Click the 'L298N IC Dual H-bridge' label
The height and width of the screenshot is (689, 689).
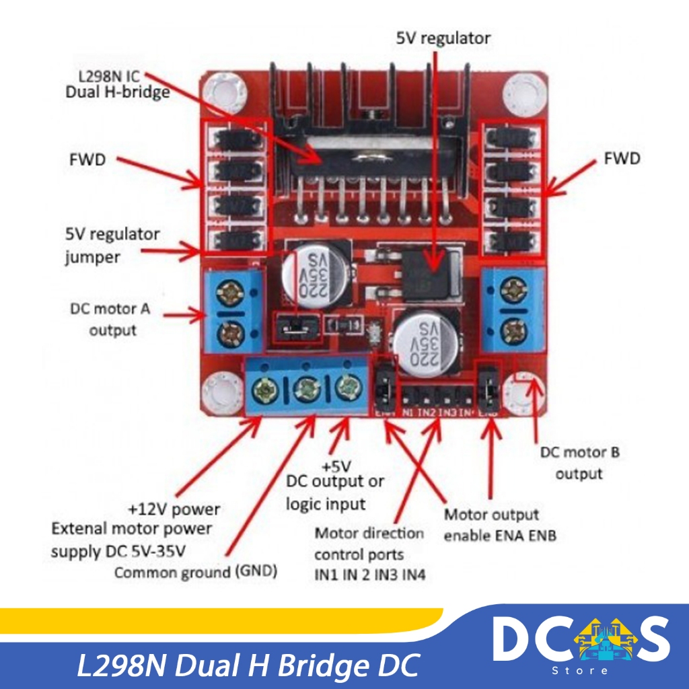pyautogui.click(x=117, y=84)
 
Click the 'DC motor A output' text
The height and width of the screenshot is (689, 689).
pyautogui.click(x=111, y=320)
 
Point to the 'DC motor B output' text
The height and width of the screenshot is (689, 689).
pyautogui.click(x=579, y=463)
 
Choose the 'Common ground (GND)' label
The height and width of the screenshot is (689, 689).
pyautogui.click(x=196, y=573)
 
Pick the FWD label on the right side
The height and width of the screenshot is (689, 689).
pyautogui.click(x=621, y=159)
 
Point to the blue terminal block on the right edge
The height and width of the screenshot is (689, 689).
pyautogui.click(x=512, y=310)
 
